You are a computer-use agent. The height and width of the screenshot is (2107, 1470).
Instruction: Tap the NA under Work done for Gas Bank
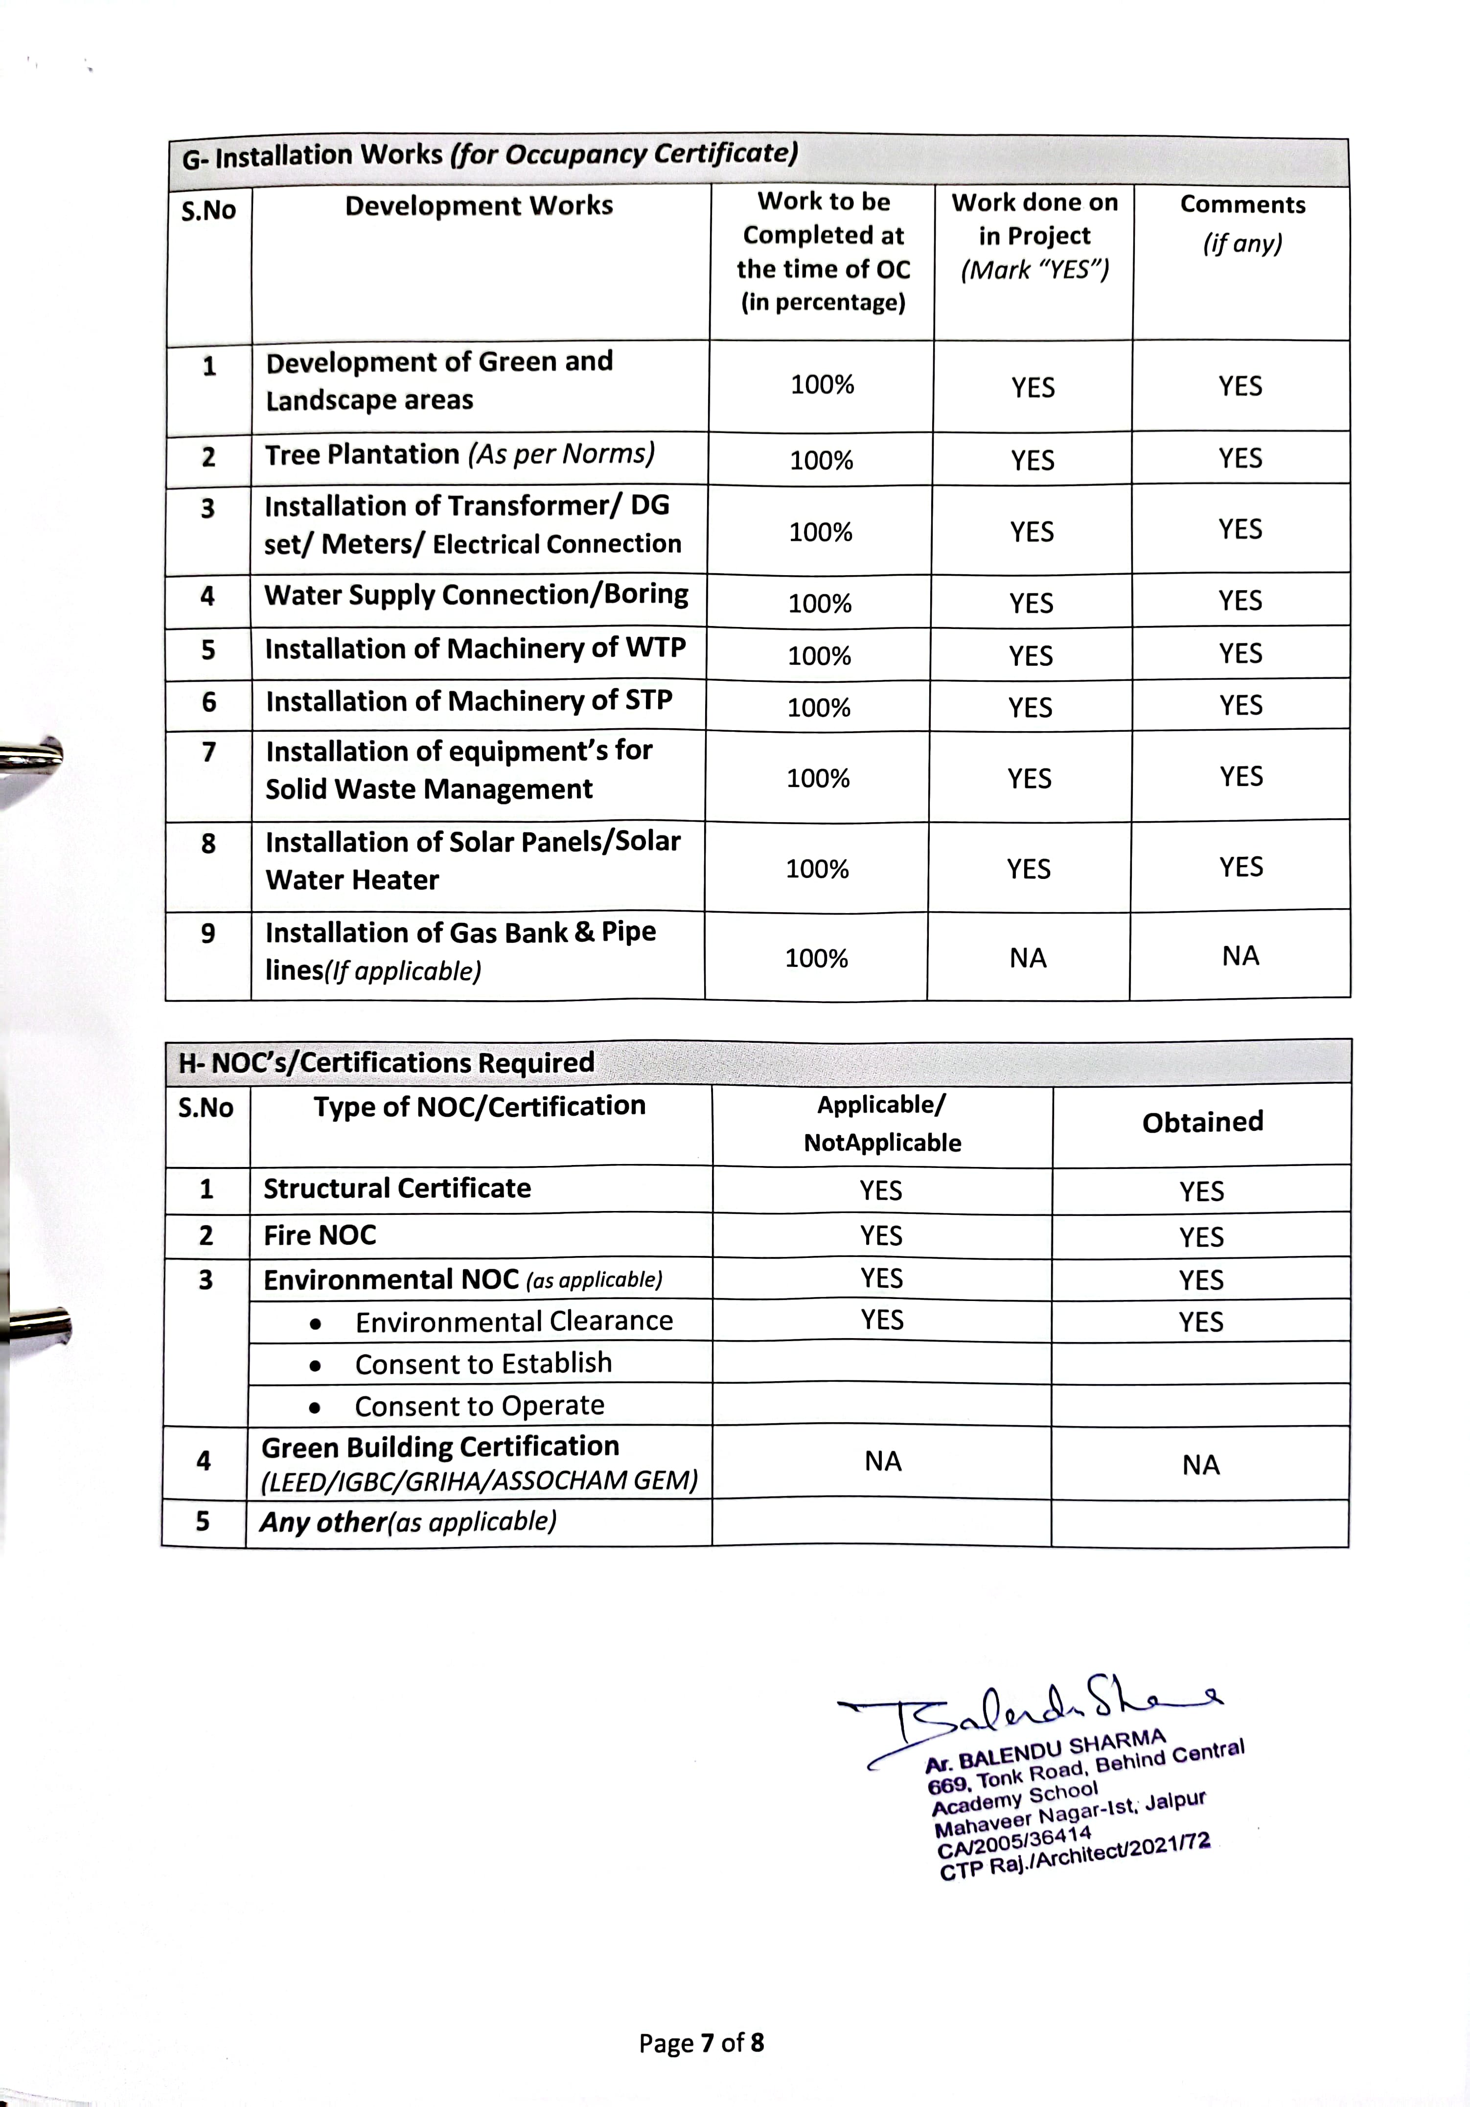1028,958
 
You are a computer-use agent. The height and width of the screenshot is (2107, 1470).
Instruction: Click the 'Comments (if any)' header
1242,223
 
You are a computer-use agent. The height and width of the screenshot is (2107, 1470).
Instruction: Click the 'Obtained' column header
1202,1121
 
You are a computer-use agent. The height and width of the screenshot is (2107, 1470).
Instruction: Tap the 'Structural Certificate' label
397,1188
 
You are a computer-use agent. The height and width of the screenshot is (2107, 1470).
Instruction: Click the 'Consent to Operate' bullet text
479,1406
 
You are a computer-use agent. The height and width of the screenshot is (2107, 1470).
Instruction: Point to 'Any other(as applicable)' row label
408,1523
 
